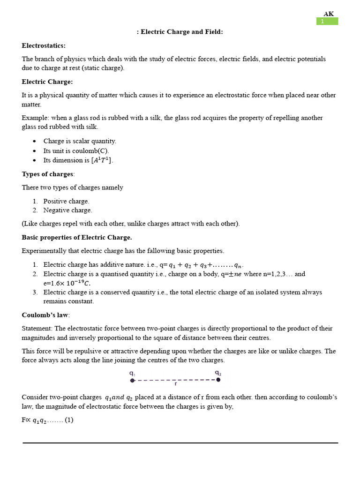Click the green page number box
coord(327,22)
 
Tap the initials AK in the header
coord(329,14)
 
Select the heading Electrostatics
coord(44,45)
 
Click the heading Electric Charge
coord(47,82)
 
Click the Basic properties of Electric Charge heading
coord(77,237)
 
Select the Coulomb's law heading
coord(45,315)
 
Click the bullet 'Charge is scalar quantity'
coord(80,141)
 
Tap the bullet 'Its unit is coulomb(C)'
coord(76,151)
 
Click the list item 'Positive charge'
coord(66,201)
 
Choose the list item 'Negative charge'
coord(67,210)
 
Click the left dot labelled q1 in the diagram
coord(132,380)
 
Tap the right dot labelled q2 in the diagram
coord(218,380)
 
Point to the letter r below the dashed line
coord(175,384)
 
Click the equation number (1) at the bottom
coord(69,420)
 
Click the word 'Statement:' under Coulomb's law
coord(37,329)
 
